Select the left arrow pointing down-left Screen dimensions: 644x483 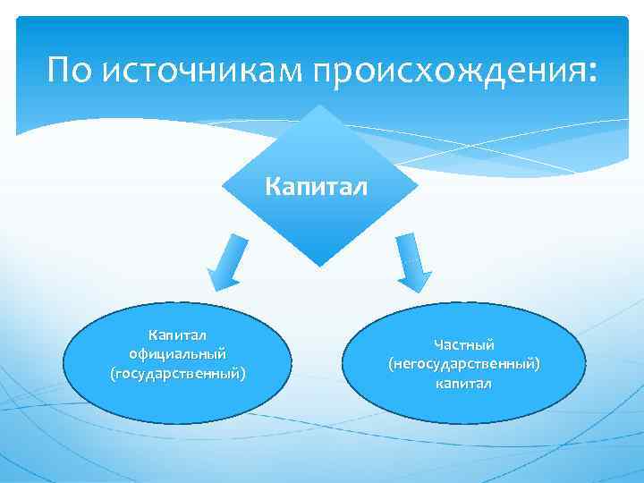[x=226, y=259]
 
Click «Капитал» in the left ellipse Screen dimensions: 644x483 [x=177, y=335]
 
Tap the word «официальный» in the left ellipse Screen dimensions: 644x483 [x=177, y=353]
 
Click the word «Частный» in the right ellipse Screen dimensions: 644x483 [x=464, y=344]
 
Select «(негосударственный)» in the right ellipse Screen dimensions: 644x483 [x=464, y=364]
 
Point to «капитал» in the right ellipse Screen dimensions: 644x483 [x=464, y=384]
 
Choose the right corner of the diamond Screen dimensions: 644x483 [x=418, y=186]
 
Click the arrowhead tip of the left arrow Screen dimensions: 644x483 [x=211, y=284]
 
